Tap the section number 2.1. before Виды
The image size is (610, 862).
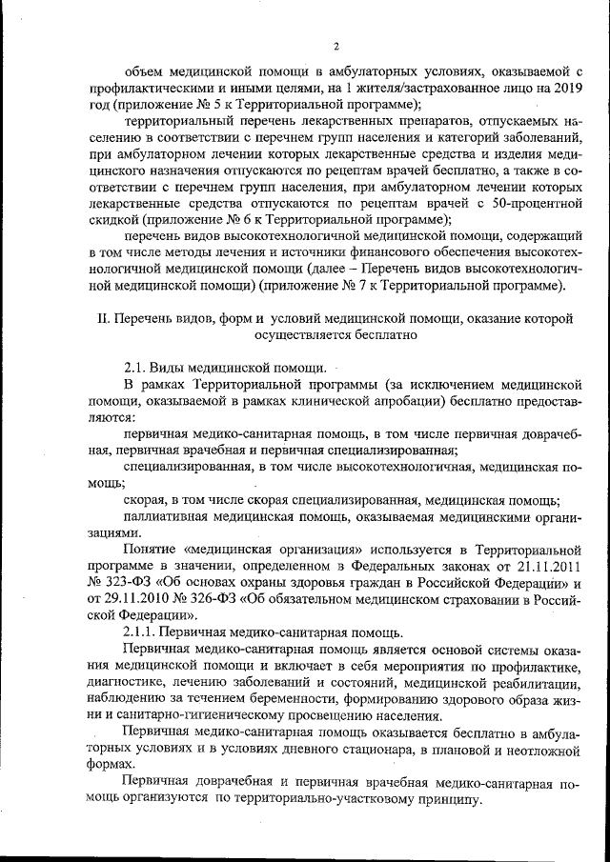point(139,368)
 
